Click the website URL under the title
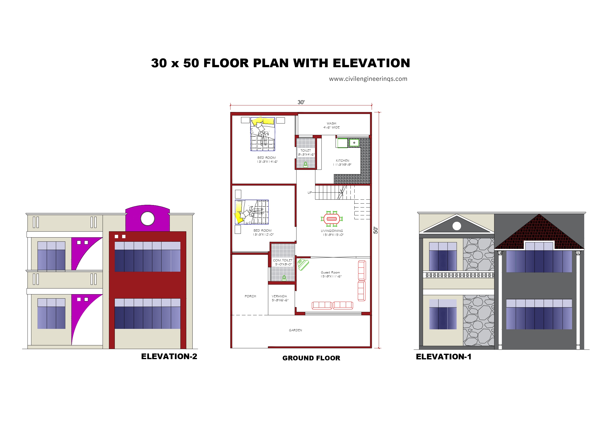pyautogui.click(x=368, y=79)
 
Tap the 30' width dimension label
pyautogui.click(x=301, y=102)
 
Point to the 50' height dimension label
pyautogui.click(x=375, y=230)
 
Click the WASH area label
pyautogui.click(x=331, y=124)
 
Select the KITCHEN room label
pyautogui.click(x=342, y=161)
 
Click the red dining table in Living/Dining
pyautogui.click(x=332, y=219)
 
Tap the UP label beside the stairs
pyautogui.click(x=309, y=193)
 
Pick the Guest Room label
pyautogui.click(x=330, y=272)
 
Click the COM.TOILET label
pyautogui.click(x=283, y=260)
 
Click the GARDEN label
pyautogui.click(x=295, y=330)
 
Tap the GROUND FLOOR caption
pyautogui.click(x=311, y=358)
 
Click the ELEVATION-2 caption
pyautogui.click(x=169, y=356)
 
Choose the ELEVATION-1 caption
pyautogui.click(x=443, y=357)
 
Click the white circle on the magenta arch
pyautogui.click(x=147, y=219)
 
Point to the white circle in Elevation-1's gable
pyautogui.click(x=457, y=226)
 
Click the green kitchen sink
pyautogui.click(x=354, y=143)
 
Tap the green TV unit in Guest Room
pyautogui.click(x=303, y=265)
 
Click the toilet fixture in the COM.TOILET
pyautogui.click(x=284, y=278)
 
